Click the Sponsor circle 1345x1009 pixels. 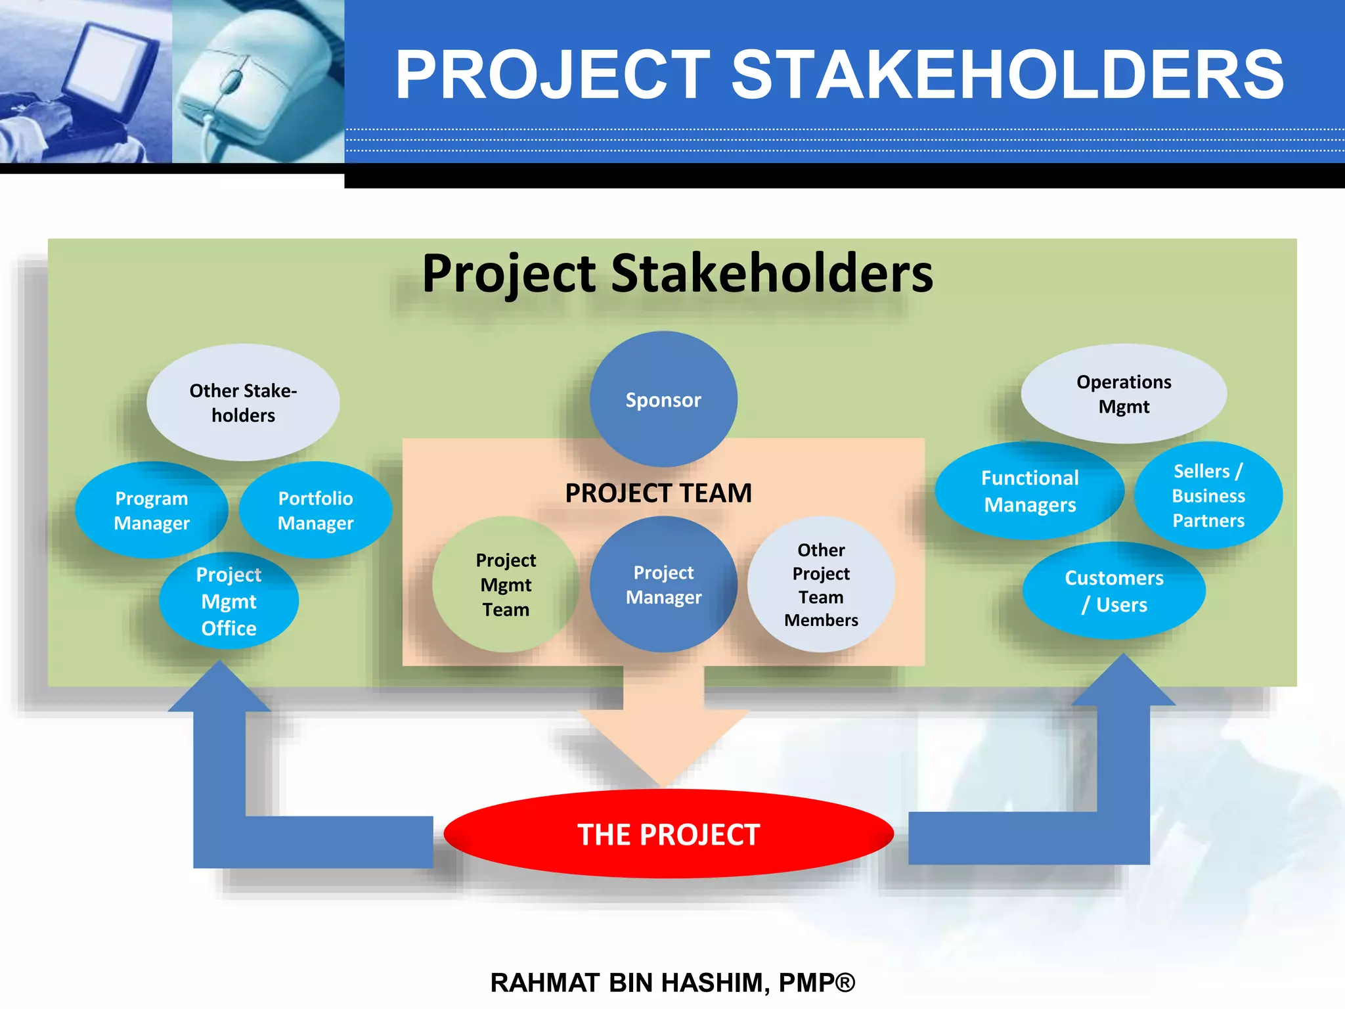[663, 399]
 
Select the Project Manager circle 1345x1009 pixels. [663, 585]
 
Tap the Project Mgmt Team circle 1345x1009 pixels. [506, 585]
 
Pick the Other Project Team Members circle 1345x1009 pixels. [821, 585]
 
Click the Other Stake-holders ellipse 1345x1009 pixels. [243, 402]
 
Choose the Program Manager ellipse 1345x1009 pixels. [152, 510]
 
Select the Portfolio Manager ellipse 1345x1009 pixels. [315, 510]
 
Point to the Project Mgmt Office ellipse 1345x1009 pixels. [229, 601]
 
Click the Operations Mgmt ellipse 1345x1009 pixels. [1124, 393]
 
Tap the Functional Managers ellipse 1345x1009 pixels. [1030, 491]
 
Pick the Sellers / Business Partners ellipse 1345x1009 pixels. [1208, 495]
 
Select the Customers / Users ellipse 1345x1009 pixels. [1114, 591]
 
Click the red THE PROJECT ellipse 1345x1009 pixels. [669, 834]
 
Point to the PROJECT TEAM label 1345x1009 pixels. [659, 493]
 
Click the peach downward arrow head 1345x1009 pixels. [663, 742]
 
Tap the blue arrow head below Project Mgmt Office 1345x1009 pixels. [219, 690]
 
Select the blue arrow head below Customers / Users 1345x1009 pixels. [1124, 683]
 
